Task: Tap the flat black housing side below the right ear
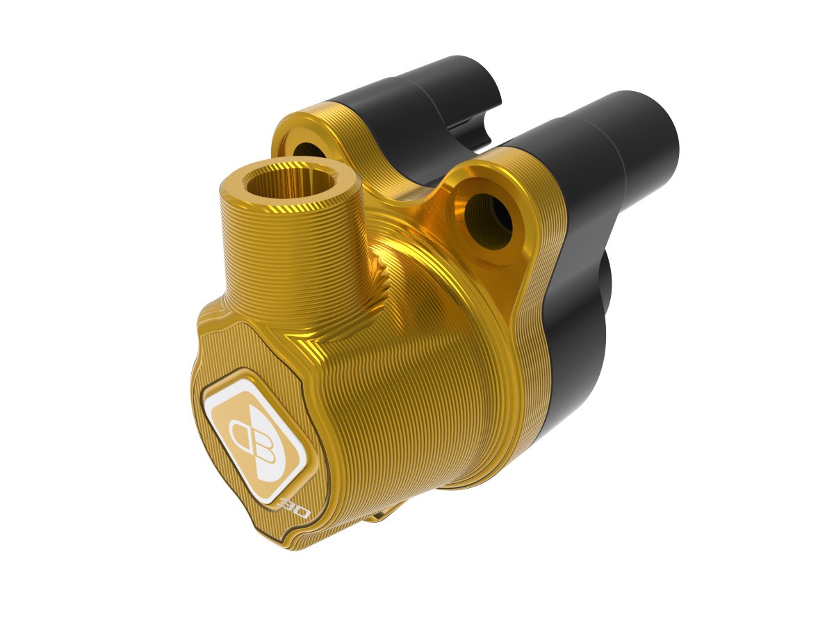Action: coord(556,362)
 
